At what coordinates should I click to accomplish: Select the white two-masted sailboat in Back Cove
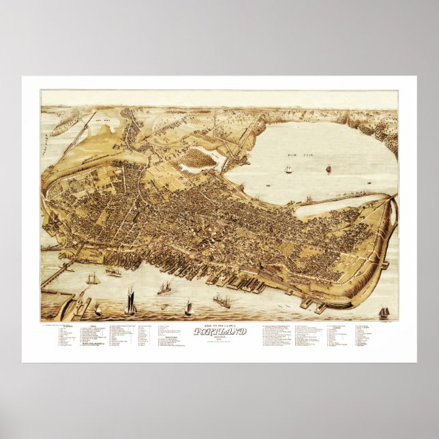(288, 168)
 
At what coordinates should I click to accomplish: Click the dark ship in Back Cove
(328, 168)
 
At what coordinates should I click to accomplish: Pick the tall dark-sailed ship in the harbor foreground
(130, 301)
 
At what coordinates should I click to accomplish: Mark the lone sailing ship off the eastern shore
(384, 312)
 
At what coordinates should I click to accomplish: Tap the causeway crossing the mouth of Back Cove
(341, 200)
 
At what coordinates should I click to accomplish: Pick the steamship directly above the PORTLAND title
(222, 300)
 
